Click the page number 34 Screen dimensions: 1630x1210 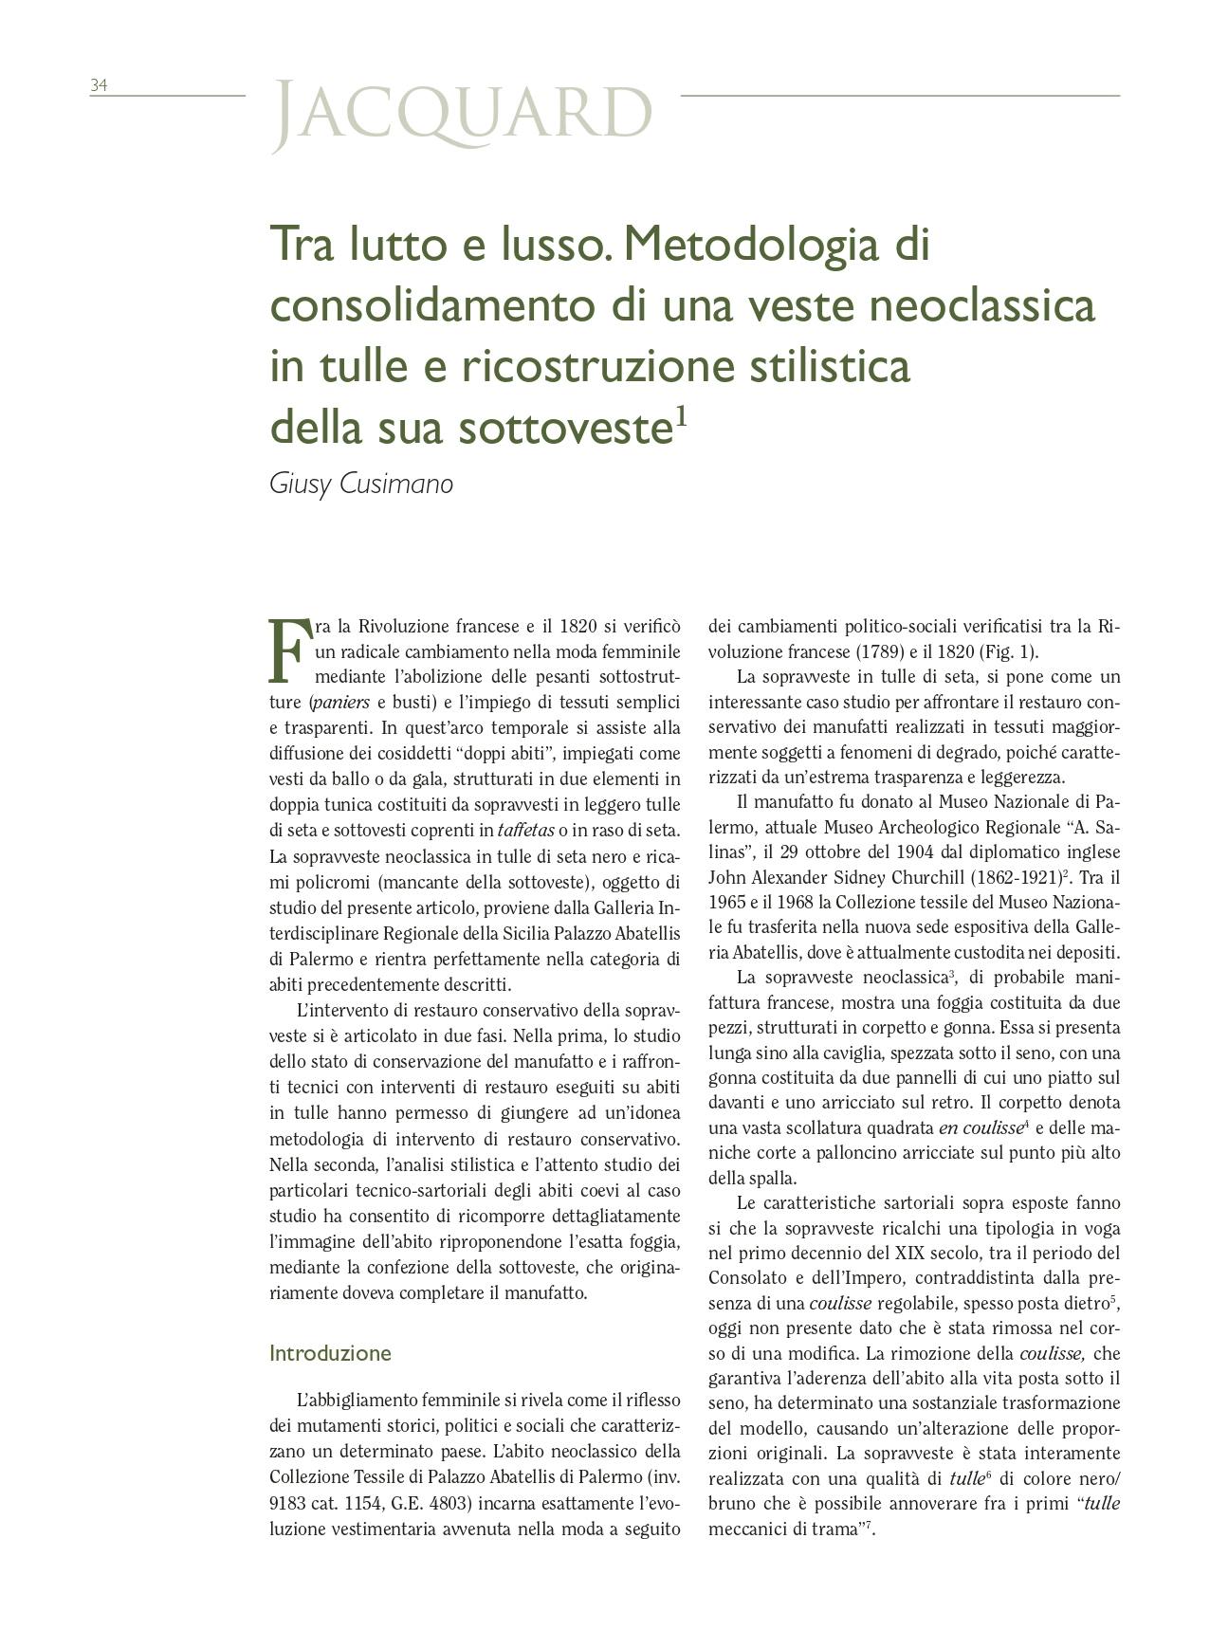[99, 85]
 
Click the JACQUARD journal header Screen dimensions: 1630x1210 [462, 115]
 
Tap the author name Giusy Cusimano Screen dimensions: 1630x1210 [361, 484]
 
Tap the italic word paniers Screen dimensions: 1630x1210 [341, 703]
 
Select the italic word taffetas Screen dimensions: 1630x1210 [524, 830]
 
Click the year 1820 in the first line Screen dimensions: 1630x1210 [578, 626]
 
